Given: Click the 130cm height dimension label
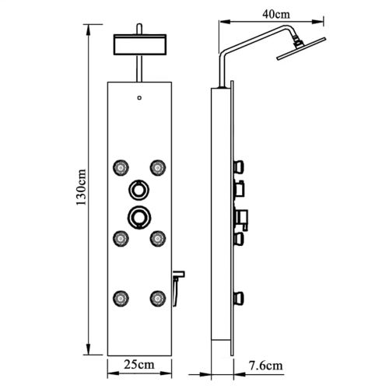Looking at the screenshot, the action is tap(81, 187).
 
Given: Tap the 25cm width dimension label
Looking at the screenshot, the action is tap(139, 364).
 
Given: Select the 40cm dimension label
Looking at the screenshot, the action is tap(276, 14).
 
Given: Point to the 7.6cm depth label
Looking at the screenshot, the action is tap(266, 366).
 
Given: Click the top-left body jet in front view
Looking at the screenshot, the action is tap(121, 167).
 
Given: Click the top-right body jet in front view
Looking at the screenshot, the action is tap(158, 167).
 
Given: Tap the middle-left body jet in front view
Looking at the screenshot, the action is tap(121, 238).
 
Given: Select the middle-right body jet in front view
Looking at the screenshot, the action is tap(158, 238).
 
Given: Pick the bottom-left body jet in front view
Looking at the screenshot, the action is tap(121, 298).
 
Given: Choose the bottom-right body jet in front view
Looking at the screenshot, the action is tap(158, 298).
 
